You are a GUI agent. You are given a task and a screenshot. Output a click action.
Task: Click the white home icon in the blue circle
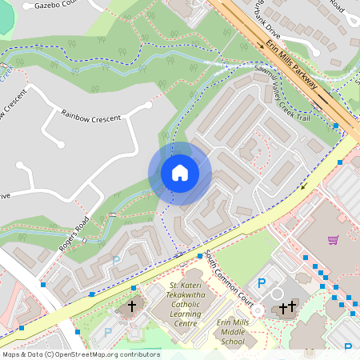pos(180,173)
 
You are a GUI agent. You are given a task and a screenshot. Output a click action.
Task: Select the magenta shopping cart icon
pos(333,239)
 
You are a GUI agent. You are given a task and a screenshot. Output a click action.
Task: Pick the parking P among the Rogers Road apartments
pos(117,261)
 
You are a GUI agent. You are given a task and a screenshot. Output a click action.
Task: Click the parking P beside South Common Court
pos(262,282)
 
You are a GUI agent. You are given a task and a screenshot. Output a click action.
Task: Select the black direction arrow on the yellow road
pos(304,187)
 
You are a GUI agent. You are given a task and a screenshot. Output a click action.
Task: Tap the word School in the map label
pos(232,342)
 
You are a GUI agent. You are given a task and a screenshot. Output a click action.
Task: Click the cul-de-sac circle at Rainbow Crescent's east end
pos(149,104)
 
